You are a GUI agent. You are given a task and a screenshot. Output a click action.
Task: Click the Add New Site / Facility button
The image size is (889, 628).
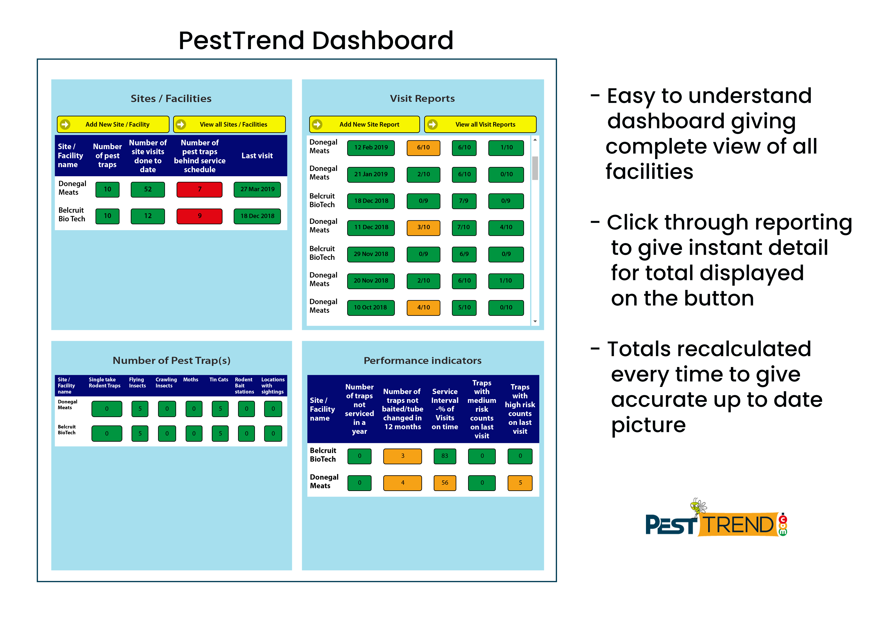tap(113, 124)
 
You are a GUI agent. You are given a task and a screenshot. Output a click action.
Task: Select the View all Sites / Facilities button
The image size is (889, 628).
tap(230, 124)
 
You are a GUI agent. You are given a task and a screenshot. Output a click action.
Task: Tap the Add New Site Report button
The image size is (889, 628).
tap(364, 124)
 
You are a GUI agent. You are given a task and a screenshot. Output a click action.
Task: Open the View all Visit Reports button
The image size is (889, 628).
tap(480, 124)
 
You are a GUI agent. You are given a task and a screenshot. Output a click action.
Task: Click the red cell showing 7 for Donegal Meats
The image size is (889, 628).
tap(199, 189)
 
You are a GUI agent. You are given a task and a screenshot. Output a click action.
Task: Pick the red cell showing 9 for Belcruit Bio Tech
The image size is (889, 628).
tap(199, 216)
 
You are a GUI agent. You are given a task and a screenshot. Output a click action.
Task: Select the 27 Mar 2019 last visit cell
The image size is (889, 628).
tap(257, 189)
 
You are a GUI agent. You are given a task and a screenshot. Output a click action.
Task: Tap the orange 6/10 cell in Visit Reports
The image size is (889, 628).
tap(423, 147)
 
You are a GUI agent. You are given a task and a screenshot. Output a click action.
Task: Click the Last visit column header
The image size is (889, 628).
tap(257, 155)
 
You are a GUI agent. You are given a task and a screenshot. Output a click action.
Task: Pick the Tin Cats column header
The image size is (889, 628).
tap(219, 380)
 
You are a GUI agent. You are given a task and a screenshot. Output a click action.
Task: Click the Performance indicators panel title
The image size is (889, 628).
tap(422, 361)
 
